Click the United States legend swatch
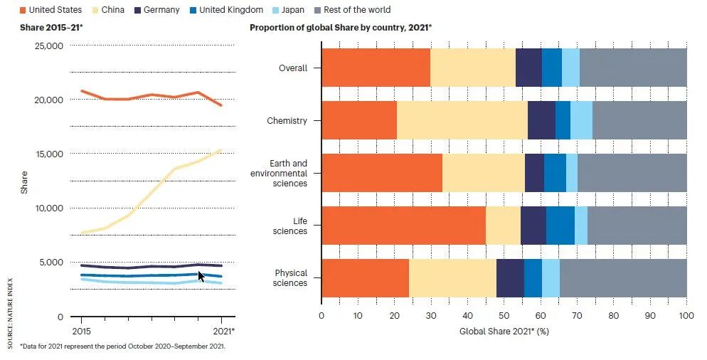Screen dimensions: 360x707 click(x=23, y=10)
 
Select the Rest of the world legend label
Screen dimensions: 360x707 click(x=356, y=10)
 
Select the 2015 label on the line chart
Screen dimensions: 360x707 click(x=81, y=331)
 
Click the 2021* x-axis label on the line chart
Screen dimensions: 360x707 click(x=223, y=331)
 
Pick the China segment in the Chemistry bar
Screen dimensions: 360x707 click(x=462, y=120)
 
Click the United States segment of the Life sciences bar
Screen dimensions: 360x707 click(x=403, y=226)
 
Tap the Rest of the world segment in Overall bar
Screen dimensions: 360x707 click(x=633, y=68)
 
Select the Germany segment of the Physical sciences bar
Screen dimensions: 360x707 click(x=510, y=278)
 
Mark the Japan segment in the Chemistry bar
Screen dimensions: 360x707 click(x=581, y=120)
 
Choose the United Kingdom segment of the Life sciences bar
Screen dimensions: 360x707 click(x=560, y=226)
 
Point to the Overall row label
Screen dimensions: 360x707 click(x=293, y=68)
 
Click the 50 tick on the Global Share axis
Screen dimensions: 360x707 click(x=504, y=316)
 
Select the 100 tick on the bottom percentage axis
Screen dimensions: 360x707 click(x=686, y=316)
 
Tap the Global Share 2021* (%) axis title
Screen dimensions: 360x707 click(x=504, y=331)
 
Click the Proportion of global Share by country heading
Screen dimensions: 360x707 click(x=341, y=27)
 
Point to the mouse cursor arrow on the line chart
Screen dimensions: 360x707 click(x=201, y=275)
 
